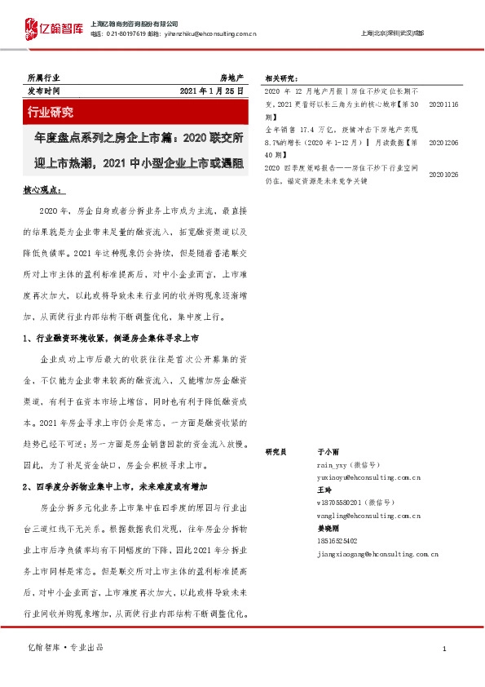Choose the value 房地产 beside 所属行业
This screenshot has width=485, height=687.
click(231, 76)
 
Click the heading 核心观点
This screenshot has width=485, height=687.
click(44, 189)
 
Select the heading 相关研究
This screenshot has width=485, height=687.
click(282, 79)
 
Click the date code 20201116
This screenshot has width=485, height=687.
click(443, 105)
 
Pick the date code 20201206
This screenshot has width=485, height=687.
click(443, 142)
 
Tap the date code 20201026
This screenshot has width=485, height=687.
click(443, 174)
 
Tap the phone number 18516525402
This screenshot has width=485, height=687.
click(337, 541)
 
